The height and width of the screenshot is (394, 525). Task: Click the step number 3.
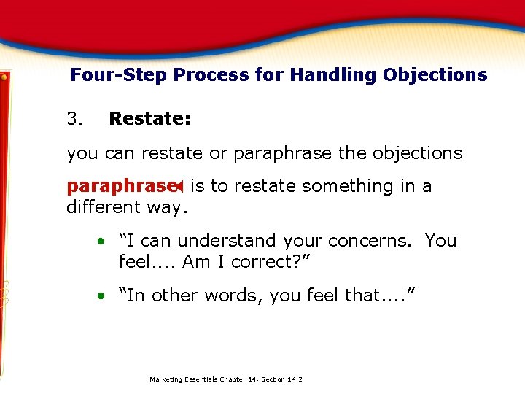74,118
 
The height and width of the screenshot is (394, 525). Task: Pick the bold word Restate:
149,118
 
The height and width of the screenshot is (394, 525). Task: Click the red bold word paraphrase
120,187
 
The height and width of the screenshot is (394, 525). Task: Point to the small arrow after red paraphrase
179,187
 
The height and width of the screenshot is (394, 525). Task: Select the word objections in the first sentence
417,154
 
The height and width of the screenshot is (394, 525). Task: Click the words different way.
127,207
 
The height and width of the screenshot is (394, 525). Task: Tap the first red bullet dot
105,242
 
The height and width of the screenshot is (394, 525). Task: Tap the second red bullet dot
105,296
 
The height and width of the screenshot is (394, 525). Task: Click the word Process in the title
192,75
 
